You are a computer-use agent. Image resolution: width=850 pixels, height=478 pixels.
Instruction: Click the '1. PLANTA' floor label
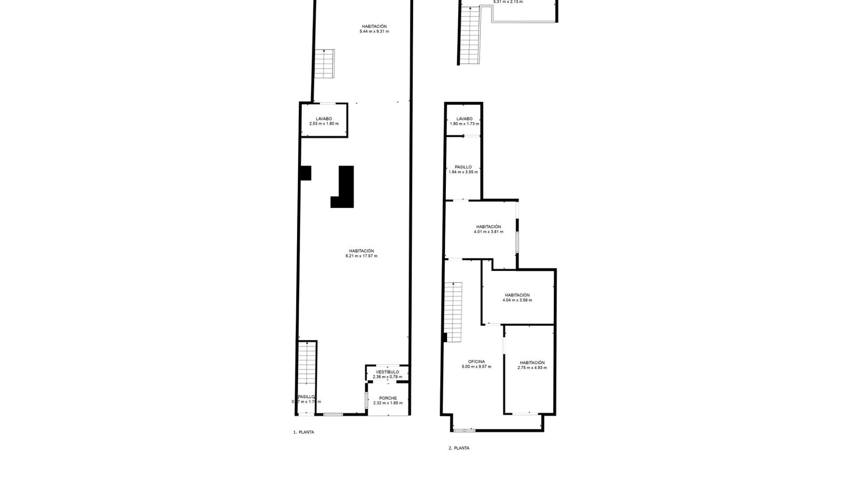pos(304,432)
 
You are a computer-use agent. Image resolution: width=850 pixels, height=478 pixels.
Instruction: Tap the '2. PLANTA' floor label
pos(459,448)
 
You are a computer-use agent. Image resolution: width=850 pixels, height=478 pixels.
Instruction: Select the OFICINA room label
pos(476,362)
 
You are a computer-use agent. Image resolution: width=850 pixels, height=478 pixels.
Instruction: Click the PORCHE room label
pos(388,398)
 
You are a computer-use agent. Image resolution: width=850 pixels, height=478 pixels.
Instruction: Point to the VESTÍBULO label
pos(387,372)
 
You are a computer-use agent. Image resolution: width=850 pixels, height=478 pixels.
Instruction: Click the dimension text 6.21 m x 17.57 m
pos(361,256)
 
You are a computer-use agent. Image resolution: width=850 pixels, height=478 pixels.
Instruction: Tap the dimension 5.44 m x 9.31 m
pos(374,31)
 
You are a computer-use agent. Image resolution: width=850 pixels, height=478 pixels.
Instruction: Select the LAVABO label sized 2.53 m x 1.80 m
pos(324,119)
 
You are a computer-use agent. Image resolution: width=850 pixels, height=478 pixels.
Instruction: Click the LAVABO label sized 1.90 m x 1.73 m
pos(464,119)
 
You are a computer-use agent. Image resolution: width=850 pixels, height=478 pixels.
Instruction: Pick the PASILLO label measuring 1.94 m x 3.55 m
pos(463,167)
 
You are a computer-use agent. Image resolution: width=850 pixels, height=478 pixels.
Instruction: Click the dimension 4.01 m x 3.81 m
pos(488,231)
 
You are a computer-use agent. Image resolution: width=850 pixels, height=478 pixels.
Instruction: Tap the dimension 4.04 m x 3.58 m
pos(517,300)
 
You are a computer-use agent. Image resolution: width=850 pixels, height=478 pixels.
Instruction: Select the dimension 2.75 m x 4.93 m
pos(532,367)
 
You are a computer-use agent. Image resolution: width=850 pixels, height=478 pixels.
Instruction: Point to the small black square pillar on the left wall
pos(305,173)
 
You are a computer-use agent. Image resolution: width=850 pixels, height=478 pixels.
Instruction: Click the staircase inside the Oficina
pos(453,312)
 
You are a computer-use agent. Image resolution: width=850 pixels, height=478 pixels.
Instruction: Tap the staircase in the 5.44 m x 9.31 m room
pos(325,64)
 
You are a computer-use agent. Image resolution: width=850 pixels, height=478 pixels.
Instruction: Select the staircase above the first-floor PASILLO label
pos(306,363)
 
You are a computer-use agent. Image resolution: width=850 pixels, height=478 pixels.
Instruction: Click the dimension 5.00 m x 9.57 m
pos(476,366)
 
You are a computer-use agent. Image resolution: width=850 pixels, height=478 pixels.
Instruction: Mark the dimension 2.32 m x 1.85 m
pos(388,403)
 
